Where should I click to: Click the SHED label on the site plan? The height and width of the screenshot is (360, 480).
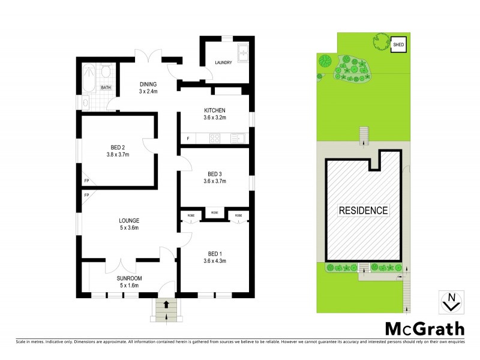point(398,45)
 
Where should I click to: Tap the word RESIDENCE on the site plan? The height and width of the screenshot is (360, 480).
point(364,211)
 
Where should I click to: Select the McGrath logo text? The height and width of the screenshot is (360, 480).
point(424,329)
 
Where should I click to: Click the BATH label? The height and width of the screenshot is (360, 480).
point(106,88)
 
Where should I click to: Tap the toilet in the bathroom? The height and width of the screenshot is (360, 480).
point(106,73)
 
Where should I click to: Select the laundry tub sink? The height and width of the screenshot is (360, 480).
point(243,53)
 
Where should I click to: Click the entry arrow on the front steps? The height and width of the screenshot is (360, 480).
point(166,306)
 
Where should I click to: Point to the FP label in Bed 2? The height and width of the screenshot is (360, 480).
point(86,180)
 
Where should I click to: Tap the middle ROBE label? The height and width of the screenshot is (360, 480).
point(214,214)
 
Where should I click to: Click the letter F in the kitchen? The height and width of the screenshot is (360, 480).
point(188,139)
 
